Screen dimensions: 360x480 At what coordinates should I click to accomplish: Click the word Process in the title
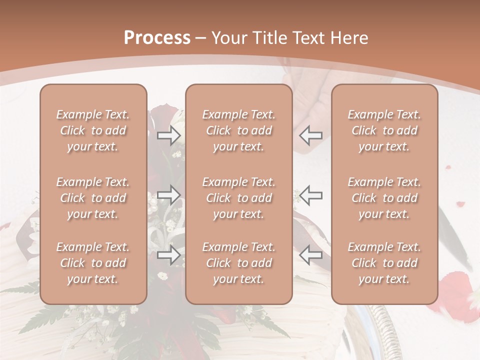coord(157,38)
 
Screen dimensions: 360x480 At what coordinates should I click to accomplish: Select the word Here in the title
coord(349,38)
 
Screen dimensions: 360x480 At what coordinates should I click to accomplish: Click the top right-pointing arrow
coord(168,135)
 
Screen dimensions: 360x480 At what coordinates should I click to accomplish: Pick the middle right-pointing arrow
coord(168,194)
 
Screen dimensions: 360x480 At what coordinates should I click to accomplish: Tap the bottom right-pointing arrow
coord(168,254)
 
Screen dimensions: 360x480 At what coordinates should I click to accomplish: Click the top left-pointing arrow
coord(310,135)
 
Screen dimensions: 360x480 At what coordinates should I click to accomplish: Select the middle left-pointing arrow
coord(310,194)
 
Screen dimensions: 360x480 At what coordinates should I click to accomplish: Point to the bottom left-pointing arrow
coord(310,254)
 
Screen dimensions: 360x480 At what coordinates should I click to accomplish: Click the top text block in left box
coord(93,130)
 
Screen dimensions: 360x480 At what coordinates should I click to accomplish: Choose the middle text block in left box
coord(93,198)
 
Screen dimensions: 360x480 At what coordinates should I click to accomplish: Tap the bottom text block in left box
coord(93,263)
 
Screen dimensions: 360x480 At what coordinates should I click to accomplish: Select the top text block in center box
coord(239,130)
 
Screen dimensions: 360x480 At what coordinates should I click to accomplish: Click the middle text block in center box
coord(239,198)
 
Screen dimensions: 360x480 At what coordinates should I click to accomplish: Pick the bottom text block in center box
coord(239,263)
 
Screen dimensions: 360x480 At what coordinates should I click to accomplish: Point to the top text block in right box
coord(384,130)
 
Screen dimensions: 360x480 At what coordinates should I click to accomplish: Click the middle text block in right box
coord(384,198)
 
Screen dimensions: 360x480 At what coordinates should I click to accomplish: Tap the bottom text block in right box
coord(384,263)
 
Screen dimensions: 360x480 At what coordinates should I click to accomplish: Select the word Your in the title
coord(227,38)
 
